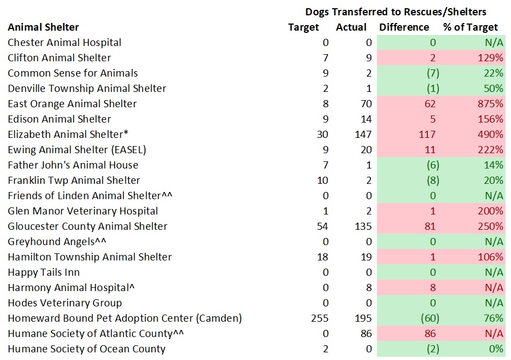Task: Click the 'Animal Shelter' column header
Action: click(43, 27)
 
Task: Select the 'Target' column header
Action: click(303, 27)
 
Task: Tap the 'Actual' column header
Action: click(351, 27)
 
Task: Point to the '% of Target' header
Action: click(471, 27)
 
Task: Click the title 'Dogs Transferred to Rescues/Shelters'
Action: click(396, 11)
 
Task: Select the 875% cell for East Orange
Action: click(491, 104)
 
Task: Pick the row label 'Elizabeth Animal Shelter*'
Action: click(63, 135)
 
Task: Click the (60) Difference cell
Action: click(428, 318)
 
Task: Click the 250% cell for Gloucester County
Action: click(491, 227)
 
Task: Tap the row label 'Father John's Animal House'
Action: click(73, 165)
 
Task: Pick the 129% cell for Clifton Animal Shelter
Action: click(491, 58)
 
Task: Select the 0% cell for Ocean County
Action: click(496, 349)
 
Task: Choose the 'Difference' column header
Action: click(404, 27)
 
